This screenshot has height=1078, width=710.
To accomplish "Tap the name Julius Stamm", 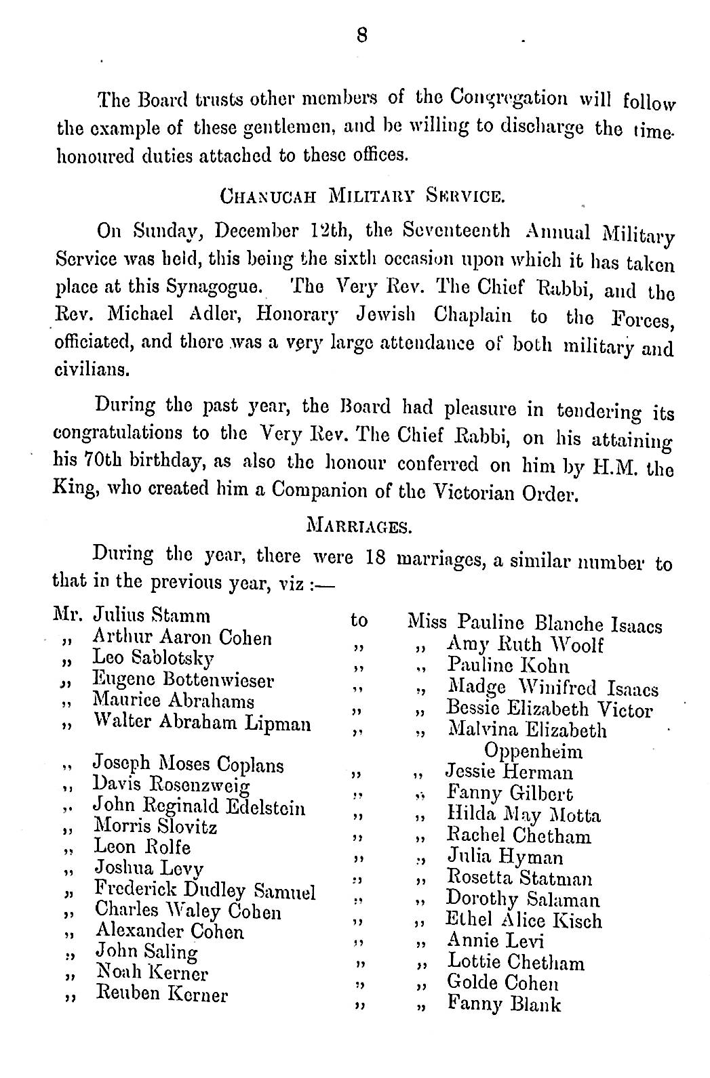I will (x=151, y=617).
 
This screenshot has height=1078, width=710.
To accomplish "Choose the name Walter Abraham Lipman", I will (x=202, y=724).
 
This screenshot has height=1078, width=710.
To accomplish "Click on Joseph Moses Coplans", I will (x=188, y=765).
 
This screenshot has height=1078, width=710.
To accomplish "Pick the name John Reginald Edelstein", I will (x=199, y=808).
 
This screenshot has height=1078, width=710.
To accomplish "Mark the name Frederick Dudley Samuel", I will (x=205, y=890).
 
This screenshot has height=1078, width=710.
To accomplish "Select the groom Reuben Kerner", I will (x=163, y=995).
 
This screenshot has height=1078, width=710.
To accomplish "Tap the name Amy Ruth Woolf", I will (x=525, y=644).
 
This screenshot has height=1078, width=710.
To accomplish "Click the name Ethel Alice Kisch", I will (x=524, y=919).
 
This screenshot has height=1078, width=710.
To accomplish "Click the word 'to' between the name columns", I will (x=359, y=620).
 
